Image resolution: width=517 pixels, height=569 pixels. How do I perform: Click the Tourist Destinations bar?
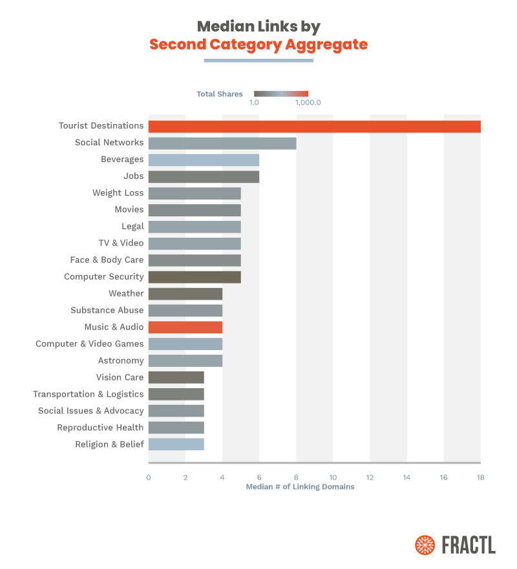pyautogui.click(x=314, y=126)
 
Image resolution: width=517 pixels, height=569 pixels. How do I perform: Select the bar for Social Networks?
pyautogui.click(x=222, y=143)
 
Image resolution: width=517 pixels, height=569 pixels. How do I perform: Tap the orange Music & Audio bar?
pyautogui.click(x=185, y=327)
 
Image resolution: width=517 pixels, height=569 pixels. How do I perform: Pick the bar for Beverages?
pyautogui.click(x=204, y=160)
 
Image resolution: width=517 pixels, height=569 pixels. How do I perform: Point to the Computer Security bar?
pyautogui.click(x=195, y=277)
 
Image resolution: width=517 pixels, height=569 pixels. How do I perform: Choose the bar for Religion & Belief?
pyautogui.click(x=176, y=444)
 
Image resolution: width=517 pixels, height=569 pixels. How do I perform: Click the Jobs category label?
pyautogui.click(x=134, y=176)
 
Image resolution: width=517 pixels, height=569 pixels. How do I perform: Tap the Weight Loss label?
pyautogui.click(x=118, y=193)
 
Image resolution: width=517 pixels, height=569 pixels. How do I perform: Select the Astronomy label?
pyautogui.click(x=121, y=361)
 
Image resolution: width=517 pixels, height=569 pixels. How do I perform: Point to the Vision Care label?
pyautogui.click(x=120, y=378)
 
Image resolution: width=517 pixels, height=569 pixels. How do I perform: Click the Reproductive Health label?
pyautogui.click(x=100, y=428)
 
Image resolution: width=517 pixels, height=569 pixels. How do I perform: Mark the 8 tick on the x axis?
pyautogui.click(x=296, y=477)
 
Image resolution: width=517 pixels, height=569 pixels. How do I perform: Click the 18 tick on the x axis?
pyautogui.click(x=480, y=477)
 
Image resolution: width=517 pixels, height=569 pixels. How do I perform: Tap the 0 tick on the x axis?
pyautogui.click(x=149, y=477)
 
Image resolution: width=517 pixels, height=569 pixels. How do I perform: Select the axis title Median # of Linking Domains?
pyautogui.click(x=300, y=487)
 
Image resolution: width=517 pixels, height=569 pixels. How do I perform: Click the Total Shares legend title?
pyautogui.click(x=220, y=94)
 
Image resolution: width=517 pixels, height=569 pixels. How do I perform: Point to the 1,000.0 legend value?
pyautogui.click(x=308, y=103)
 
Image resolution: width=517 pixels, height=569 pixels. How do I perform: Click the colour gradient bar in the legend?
pyautogui.click(x=281, y=94)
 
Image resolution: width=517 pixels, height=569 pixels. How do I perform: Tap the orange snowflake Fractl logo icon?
pyautogui.click(x=425, y=544)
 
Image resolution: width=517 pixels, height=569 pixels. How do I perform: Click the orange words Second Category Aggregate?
pyautogui.click(x=258, y=45)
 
